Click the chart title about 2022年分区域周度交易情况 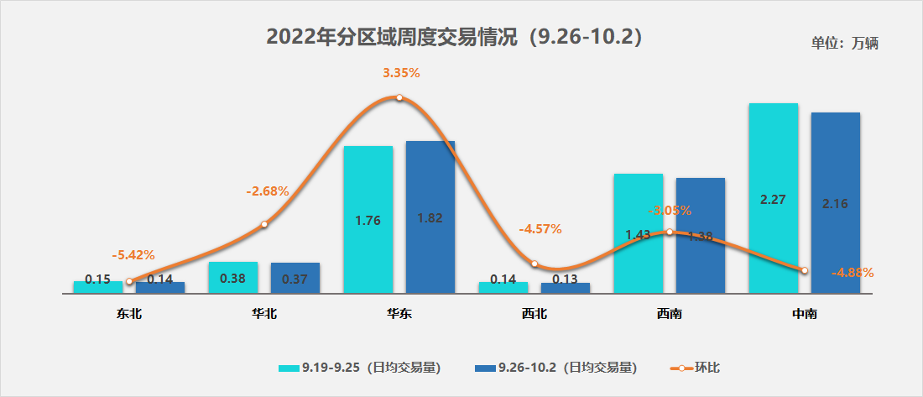point(454,38)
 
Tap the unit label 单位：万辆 point(844,43)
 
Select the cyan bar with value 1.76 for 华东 point(368,220)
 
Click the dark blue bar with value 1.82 point(430,217)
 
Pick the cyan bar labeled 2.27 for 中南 point(773,198)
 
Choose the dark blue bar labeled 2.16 point(836,202)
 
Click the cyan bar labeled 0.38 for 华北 point(232,278)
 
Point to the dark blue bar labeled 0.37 point(295,278)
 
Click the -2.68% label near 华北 point(268,191)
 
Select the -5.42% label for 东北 point(133,255)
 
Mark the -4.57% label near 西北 point(540,228)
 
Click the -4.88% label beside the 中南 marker point(853,272)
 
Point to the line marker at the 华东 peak point(399,97)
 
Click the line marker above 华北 point(264,224)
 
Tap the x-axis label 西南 point(669,315)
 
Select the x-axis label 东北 point(129,315)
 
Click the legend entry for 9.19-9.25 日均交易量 point(360,368)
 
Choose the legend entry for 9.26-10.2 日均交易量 point(555,368)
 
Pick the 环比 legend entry point(696,368)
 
